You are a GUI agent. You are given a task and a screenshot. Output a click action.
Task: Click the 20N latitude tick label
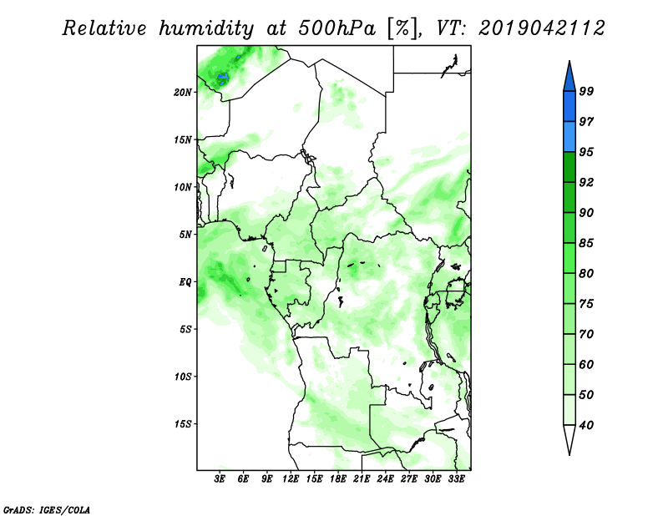coord(182,92)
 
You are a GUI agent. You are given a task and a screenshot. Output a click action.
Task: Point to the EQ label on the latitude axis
coord(185,282)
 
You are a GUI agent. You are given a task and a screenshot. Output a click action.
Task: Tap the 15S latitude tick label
coord(182,424)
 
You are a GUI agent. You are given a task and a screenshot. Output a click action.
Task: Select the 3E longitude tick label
coord(220,478)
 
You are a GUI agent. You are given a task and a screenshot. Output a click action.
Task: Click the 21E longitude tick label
coord(362,478)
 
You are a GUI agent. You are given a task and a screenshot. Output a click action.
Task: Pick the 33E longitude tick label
coord(456,478)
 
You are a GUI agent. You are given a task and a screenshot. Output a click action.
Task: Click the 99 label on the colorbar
coord(586,91)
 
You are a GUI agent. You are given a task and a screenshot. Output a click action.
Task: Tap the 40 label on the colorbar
coord(586,425)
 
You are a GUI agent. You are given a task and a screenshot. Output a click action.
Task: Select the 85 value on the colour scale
coord(586,243)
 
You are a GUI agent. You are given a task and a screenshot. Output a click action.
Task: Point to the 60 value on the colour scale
coord(586,364)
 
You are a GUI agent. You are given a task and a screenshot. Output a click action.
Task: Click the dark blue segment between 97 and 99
coord(569,107)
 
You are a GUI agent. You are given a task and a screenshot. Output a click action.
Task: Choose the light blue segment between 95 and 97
coord(569,137)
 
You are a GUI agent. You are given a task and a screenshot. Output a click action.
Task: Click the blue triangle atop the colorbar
coord(569,78)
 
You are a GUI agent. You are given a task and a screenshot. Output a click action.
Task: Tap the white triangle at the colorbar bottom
coord(569,438)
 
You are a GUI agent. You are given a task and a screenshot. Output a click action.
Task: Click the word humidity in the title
coord(206,29)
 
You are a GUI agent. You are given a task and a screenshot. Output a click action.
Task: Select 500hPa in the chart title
coord(337,28)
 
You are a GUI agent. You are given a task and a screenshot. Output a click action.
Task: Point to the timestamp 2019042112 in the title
coord(542,28)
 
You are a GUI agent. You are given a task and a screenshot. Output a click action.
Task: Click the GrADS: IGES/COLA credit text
coord(47,509)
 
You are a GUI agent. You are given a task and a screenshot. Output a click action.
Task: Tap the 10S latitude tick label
coord(182,377)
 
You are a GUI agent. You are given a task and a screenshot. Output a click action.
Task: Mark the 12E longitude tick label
coord(291,478)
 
